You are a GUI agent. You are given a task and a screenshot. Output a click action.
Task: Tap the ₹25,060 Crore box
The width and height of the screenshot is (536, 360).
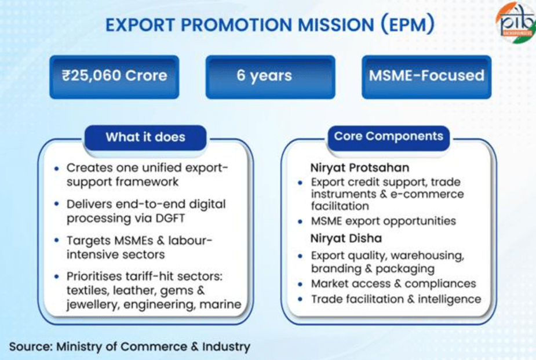click(x=115, y=76)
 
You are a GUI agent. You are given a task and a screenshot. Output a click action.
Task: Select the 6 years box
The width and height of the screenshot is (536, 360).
click(x=269, y=76)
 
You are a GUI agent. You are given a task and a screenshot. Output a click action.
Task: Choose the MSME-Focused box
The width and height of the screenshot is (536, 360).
click(x=426, y=76)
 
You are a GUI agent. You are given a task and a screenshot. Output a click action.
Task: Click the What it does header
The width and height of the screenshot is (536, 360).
click(x=145, y=137)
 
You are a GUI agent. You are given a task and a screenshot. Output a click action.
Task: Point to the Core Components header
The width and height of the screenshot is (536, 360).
click(x=388, y=137)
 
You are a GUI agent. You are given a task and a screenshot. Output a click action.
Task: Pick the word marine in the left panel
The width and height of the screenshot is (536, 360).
click(x=221, y=303)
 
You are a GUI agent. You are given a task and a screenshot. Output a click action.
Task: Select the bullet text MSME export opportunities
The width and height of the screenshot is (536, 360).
click(x=383, y=221)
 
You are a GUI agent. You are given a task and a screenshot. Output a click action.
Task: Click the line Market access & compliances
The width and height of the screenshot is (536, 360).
click(x=393, y=283)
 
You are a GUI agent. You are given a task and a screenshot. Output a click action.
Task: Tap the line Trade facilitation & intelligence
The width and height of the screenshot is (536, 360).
click(x=396, y=299)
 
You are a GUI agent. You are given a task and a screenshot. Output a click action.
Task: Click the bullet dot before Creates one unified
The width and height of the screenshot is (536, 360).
click(x=56, y=168)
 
